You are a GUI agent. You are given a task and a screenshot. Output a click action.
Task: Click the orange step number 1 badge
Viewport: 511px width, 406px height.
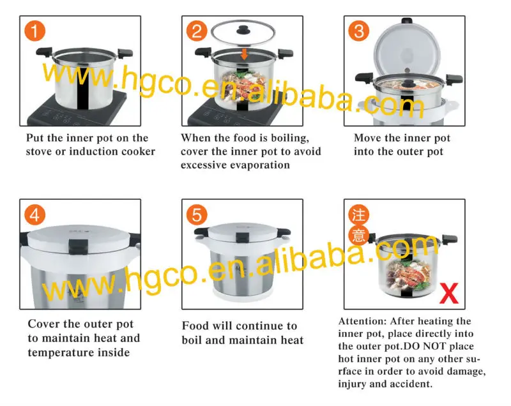(x=34, y=31)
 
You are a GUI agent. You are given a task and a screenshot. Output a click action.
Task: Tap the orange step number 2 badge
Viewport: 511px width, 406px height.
(x=197, y=31)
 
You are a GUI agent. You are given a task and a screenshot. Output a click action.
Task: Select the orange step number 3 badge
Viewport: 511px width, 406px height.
(x=359, y=31)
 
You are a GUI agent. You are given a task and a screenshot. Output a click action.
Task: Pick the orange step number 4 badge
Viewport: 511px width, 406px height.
(x=34, y=214)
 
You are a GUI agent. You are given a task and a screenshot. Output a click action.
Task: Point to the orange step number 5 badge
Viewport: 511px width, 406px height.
(x=197, y=214)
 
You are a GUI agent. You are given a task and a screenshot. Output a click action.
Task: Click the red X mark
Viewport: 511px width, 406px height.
(x=449, y=293)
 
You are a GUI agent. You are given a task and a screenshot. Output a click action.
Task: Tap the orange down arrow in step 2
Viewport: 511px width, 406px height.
(x=244, y=54)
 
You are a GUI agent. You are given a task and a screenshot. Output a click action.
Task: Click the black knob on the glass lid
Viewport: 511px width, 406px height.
(x=243, y=30)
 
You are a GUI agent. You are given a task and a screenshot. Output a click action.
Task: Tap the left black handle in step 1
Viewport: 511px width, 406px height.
(x=44, y=52)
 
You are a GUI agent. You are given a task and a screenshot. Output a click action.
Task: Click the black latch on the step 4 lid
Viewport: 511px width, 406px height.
(x=78, y=246)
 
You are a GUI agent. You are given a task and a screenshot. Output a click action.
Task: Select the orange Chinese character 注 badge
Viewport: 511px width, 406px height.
(x=359, y=214)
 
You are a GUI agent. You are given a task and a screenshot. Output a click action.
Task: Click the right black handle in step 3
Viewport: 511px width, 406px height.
(x=454, y=79)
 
